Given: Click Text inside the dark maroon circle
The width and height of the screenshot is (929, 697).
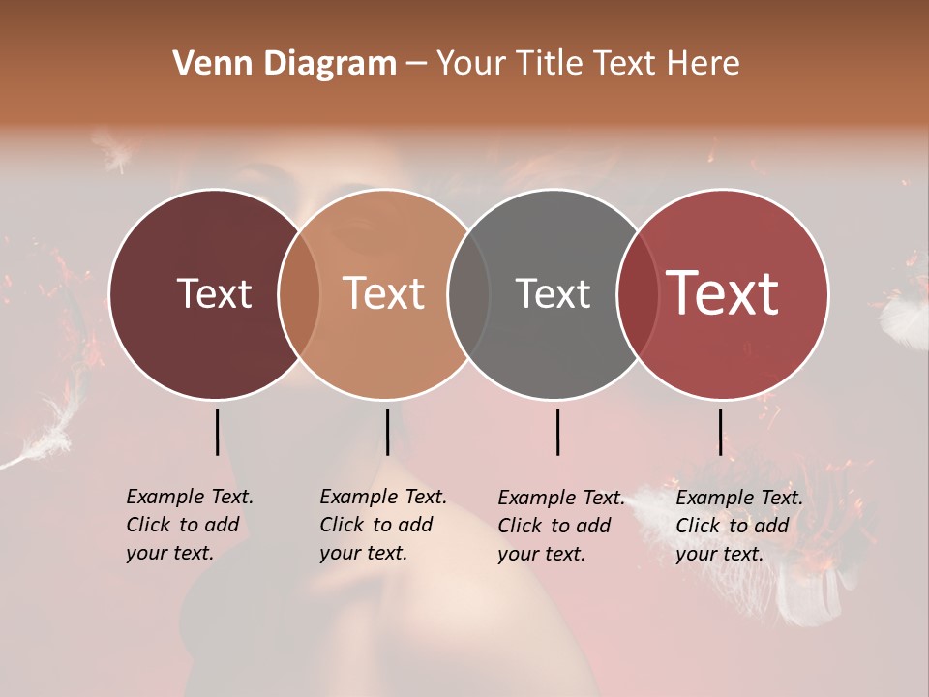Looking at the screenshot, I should coord(214,293).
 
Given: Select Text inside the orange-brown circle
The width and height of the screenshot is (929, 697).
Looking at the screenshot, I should coord(384,293).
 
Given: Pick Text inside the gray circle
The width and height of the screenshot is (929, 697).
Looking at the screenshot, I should coord(553,293).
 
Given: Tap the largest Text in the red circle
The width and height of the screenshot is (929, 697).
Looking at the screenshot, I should coord(723,293).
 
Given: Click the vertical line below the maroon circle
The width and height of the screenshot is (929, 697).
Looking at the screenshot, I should coord(217,432).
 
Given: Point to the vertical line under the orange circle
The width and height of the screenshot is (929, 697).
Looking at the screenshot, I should coord(387,432).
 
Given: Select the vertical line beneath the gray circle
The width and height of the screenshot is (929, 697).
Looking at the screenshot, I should coord(557,432).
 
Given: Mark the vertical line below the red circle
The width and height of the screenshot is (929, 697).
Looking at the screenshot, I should coord(720,432).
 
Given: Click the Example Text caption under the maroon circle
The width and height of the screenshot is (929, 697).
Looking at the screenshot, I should coord(189,525).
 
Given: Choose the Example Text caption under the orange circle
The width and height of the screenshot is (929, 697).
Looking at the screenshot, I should coord(382,525).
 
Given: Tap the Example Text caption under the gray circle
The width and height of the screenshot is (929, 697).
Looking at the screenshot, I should coord(560,526).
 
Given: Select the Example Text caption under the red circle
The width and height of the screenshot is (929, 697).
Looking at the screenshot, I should coord(738,526).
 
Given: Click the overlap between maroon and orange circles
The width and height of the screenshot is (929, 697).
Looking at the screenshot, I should coord(299,294).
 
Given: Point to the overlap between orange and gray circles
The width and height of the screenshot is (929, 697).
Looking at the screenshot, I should coord(469,294).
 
